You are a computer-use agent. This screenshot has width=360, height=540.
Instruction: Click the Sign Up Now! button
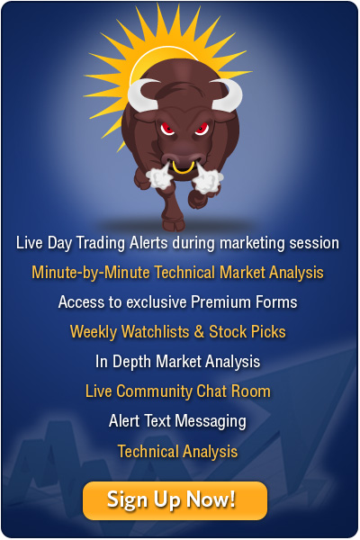[175, 500]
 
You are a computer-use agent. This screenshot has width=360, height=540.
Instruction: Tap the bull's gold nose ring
[184, 168]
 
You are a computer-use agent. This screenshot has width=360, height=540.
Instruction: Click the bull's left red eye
[167, 129]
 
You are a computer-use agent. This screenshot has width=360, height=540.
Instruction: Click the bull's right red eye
[202, 129]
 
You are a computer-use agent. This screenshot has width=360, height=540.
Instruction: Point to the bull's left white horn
[140, 95]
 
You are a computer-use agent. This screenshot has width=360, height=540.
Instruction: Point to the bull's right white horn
[229, 95]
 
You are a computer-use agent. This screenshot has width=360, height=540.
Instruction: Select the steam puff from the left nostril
[159, 177]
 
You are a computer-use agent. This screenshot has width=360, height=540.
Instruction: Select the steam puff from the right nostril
[208, 180]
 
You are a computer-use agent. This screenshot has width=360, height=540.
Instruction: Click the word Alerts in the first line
[148, 243]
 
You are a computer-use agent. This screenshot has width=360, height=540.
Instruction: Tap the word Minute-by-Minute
[91, 273]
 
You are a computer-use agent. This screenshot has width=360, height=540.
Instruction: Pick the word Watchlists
[156, 331]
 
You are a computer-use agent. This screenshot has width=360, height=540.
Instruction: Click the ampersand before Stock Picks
[199, 332]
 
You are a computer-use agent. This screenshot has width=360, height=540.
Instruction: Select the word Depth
[132, 362]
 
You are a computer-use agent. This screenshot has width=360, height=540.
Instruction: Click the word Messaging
[211, 421]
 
